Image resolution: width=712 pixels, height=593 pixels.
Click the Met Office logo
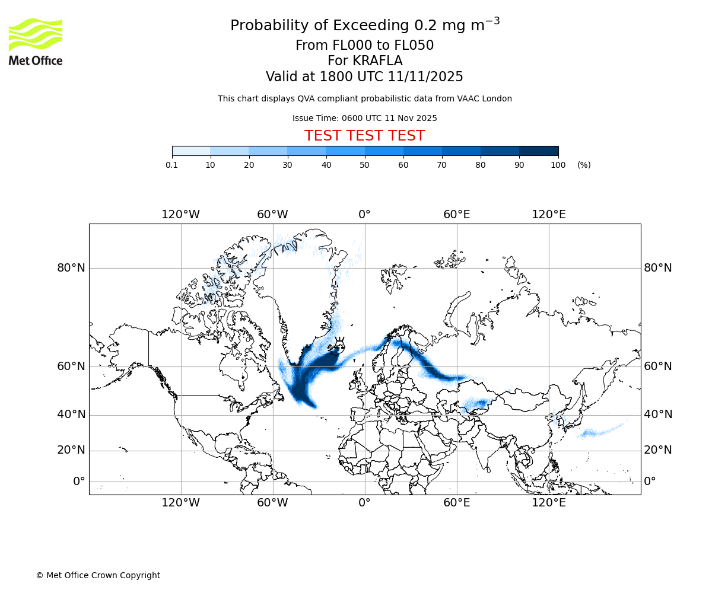pos(36,42)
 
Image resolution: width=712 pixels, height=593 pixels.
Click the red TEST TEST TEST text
pos(364,136)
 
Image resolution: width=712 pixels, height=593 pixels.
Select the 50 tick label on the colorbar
pos(365,165)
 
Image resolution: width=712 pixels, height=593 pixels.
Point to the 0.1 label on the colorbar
pos(172,165)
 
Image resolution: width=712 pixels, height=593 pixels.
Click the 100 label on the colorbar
pos(558,165)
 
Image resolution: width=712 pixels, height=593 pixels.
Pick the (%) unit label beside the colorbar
pos(584,165)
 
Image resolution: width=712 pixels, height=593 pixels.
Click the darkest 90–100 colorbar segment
pos(539,151)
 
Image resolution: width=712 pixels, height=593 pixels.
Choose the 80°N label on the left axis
pos(71,268)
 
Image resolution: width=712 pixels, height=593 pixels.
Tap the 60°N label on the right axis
pos(658,366)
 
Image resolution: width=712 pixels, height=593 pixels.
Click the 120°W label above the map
pos(180,215)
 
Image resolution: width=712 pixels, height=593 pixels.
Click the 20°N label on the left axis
pos(71,450)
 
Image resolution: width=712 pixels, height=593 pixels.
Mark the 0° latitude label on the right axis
pos(650,482)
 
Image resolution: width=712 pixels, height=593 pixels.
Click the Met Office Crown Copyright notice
pos(98,575)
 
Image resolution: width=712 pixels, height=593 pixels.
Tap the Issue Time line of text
pos(364,118)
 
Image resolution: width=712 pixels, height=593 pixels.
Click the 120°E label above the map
pos(548,215)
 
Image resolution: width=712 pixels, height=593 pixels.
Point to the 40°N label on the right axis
pos(658,415)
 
